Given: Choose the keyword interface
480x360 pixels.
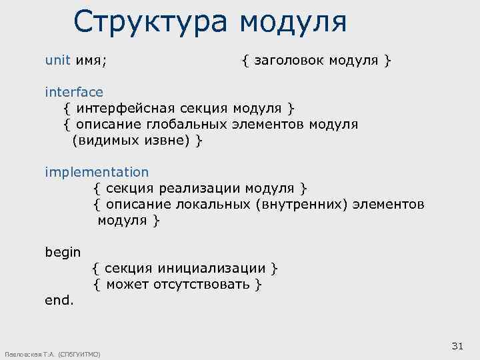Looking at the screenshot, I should (x=74, y=92).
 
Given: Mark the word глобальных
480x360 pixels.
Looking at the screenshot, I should (x=181, y=124).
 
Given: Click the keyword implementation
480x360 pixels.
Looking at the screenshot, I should (x=97, y=172).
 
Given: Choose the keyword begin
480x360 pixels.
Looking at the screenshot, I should (x=63, y=252).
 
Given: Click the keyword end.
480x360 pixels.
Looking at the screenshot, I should (x=59, y=301).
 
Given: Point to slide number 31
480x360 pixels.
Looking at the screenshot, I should (x=457, y=345).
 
